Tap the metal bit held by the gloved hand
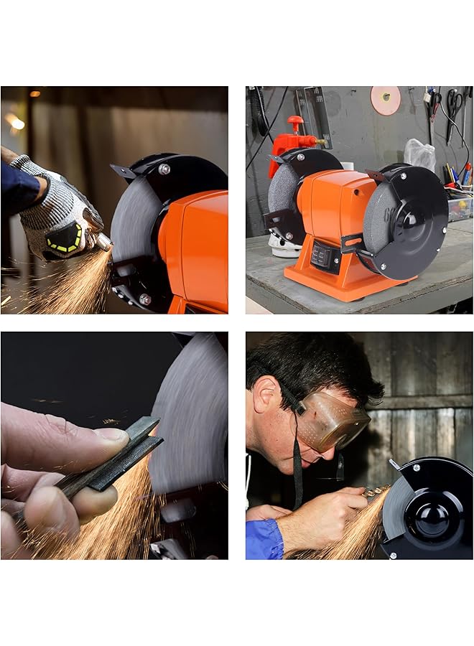(104, 242)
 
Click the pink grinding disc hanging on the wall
(385, 100)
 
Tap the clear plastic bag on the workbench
(419, 154)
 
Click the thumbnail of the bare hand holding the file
(112, 434)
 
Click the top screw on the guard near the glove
(164, 169)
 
